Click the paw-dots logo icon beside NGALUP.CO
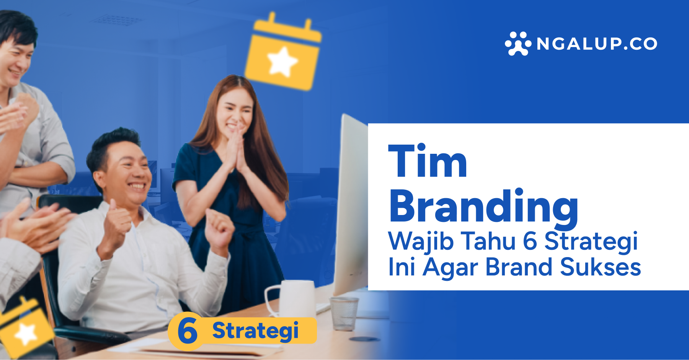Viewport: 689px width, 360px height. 518,44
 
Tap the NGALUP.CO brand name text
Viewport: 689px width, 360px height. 597,44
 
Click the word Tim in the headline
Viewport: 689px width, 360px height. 428,161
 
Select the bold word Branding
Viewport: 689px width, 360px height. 483,207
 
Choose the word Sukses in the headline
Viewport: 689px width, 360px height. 600,267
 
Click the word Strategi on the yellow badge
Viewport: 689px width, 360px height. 255,331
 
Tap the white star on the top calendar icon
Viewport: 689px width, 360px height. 282,61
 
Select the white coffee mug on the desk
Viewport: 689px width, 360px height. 293,298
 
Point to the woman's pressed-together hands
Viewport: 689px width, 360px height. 236,147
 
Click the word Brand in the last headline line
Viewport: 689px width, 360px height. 519,267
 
